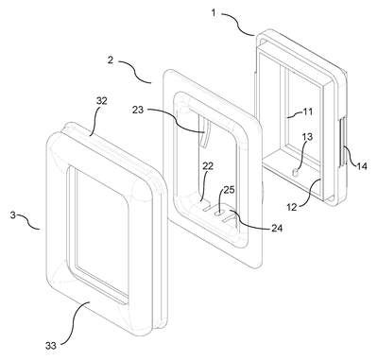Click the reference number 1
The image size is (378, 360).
[214, 13]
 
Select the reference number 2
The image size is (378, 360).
[110, 60]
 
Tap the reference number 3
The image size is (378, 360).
[13, 215]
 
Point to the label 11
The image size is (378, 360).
[307, 111]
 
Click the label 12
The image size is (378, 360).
[292, 208]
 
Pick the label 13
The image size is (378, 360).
[307, 137]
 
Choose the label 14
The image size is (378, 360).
[361, 165]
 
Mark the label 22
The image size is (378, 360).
[208, 166]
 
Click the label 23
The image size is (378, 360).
[138, 110]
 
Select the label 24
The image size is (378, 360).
[276, 228]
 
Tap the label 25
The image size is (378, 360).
[229, 190]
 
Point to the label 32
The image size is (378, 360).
[101, 101]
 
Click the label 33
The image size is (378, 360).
[50, 346]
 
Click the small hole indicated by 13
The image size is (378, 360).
[295, 173]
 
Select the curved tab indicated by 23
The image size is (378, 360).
[204, 136]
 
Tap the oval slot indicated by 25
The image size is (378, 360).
[219, 214]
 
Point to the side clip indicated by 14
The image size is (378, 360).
[342, 141]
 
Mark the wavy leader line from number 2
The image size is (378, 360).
[134, 72]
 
